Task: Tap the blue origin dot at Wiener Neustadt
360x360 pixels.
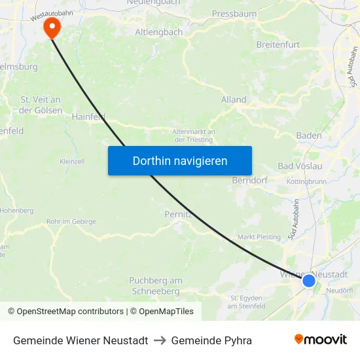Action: tap(309, 281)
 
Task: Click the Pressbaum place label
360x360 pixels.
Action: tap(234, 13)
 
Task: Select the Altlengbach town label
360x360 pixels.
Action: tap(158, 31)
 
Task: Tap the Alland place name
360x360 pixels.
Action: tap(234, 99)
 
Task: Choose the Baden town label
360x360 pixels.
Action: tap(309, 135)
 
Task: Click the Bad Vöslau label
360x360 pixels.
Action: tap(300, 166)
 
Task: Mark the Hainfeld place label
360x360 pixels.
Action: tap(88, 117)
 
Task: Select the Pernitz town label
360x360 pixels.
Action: tap(178, 213)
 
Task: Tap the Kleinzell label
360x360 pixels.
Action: tap(72, 161)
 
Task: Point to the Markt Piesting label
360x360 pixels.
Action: tap(259, 237)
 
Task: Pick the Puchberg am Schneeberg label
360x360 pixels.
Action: tap(155, 286)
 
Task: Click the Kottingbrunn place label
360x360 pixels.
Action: tap(306, 181)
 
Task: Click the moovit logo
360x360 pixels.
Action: tap(321, 340)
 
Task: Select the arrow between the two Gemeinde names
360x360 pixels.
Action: tap(160, 340)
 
